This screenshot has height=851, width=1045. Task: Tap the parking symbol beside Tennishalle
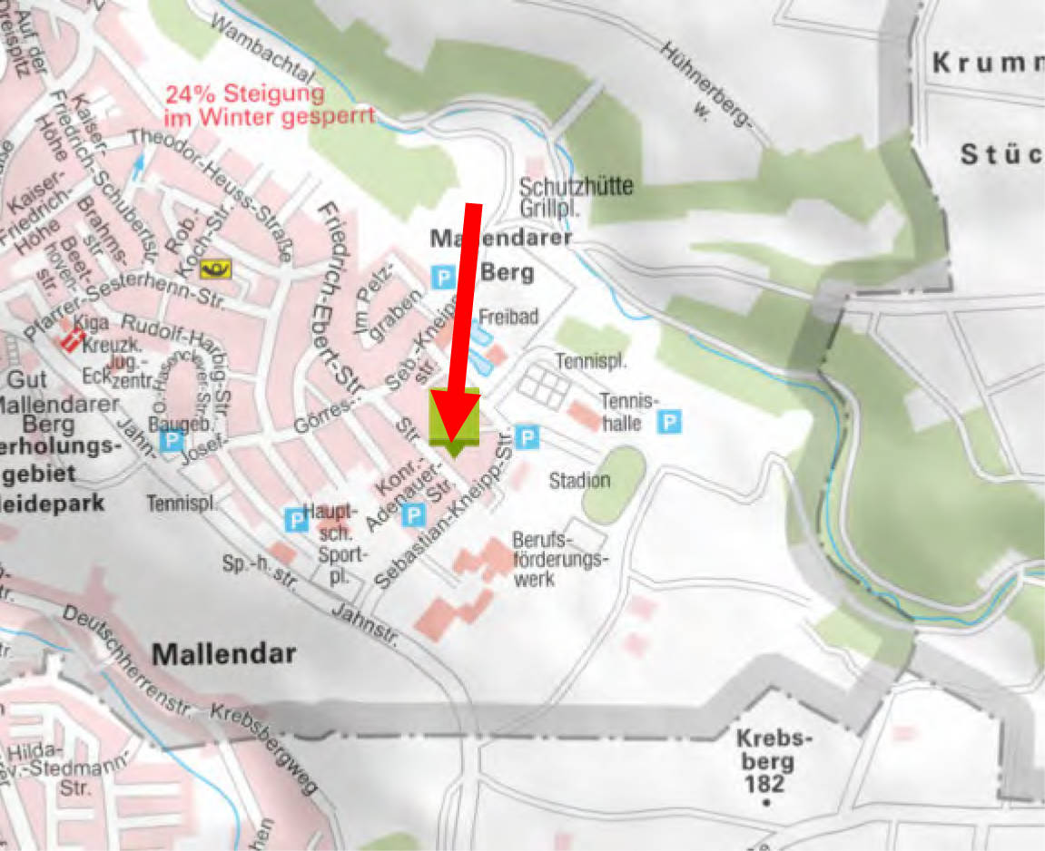(670, 421)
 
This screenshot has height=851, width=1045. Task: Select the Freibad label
(508, 317)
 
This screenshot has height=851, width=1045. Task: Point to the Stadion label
(579, 480)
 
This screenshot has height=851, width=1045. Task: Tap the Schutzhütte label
(576, 186)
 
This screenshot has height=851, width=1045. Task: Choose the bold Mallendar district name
(223, 653)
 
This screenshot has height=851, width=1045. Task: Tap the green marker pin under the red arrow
(454, 421)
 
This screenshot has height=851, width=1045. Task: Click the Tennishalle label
(627, 412)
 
